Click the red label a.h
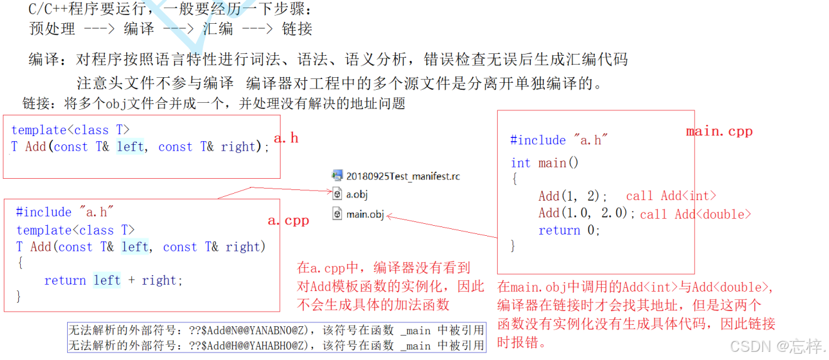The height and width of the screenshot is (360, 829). coord(286,138)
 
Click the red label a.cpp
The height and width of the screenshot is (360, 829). coord(288,221)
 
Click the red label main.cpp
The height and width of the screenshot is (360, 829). coord(719,131)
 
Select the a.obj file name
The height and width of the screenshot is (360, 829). coord(357,194)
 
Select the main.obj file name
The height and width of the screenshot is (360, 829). coord(365,214)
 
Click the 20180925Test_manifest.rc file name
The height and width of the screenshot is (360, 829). coord(403,176)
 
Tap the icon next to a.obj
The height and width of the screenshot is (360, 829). coord(337,194)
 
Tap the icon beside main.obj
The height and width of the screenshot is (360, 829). coord(337,214)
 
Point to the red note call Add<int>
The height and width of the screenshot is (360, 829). coord(671,196)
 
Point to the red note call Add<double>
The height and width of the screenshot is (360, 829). coord(695,214)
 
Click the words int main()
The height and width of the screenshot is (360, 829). coord(544,163)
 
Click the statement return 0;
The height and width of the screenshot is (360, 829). coord(569,230)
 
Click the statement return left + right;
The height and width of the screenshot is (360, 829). coord(113,280)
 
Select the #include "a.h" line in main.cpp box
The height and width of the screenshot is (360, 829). coord(559,140)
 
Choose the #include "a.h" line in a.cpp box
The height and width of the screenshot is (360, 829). coord(65,212)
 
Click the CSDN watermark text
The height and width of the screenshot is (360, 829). coord(777,346)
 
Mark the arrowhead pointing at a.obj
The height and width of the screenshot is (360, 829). coord(329,191)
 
